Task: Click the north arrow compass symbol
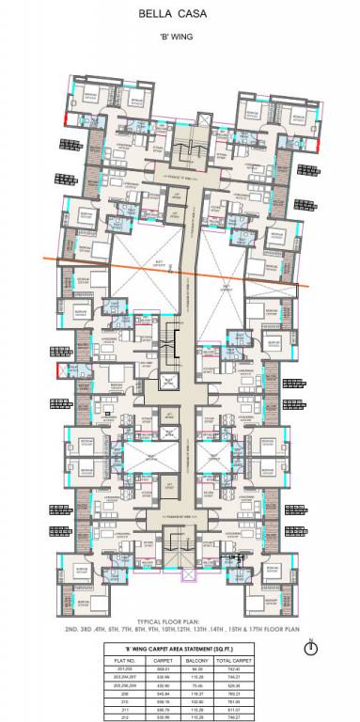311,648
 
